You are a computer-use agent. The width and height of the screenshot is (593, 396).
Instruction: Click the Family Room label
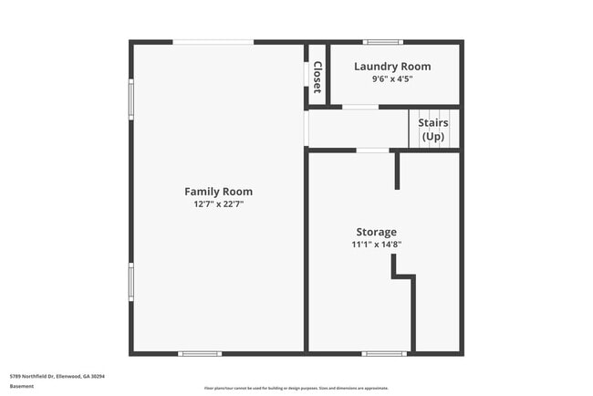tap(218, 192)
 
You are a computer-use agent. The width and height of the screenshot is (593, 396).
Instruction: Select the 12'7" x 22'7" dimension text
tap(218, 204)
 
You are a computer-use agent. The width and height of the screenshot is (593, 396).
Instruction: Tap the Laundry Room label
tap(392, 67)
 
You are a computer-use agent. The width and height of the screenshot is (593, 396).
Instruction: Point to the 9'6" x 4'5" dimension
tap(392, 79)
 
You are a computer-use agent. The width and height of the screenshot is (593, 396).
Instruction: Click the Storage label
tap(376, 232)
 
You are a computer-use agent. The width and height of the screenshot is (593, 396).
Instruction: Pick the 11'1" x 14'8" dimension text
tap(376, 245)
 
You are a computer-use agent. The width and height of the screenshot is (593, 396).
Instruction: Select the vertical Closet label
tap(317, 78)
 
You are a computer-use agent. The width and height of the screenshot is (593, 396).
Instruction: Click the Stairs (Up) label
tap(433, 130)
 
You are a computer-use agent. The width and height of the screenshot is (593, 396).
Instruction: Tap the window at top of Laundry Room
tap(383, 42)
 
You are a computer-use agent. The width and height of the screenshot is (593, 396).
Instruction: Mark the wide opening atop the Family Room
tap(213, 42)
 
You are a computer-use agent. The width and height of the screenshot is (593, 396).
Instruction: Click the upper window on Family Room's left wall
tap(131, 99)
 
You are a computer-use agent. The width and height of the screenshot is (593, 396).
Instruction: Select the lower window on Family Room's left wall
tap(131, 282)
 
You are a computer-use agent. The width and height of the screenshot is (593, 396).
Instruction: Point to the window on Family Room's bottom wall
tap(199, 353)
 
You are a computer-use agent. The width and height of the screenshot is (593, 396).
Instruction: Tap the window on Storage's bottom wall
tap(384, 353)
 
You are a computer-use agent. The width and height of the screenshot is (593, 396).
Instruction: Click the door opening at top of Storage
tap(371, 151)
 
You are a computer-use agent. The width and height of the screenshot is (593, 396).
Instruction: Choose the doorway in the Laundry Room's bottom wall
tap(360, 108)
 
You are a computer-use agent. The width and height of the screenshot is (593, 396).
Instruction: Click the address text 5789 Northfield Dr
tap(57, 376)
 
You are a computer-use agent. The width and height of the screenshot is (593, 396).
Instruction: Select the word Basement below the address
tap(22, 386)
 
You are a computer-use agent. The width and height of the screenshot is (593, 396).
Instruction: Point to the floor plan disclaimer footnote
tap(296, 388)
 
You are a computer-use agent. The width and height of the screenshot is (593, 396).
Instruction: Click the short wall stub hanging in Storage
tap(397, 171)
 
